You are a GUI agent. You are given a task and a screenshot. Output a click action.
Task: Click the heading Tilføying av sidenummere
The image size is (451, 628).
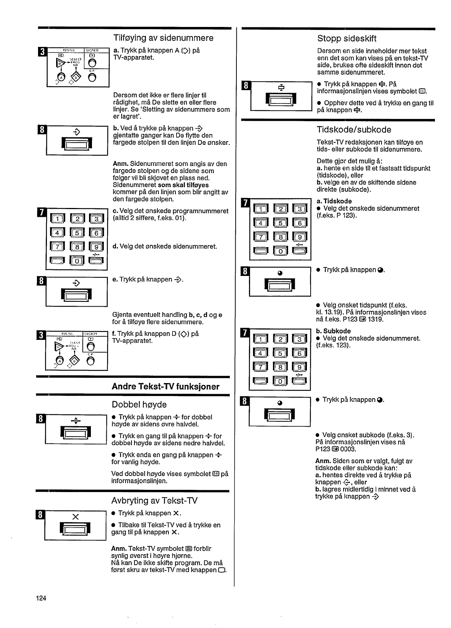[163, 38]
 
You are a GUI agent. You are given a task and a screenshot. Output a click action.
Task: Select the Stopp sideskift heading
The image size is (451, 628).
[347, 38]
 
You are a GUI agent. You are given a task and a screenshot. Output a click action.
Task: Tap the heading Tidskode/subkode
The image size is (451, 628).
[354, 130]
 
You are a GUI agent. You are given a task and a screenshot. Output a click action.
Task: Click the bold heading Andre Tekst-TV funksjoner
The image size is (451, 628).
[165, 387]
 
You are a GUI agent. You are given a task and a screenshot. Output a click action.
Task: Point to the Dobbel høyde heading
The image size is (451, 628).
[139, 405]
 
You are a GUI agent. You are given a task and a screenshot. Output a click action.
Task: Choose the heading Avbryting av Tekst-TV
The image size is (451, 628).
[154, 501]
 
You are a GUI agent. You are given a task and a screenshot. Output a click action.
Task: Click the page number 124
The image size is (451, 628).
[41, 598]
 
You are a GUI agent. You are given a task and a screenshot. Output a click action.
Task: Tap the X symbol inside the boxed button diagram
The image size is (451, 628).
[75, 517]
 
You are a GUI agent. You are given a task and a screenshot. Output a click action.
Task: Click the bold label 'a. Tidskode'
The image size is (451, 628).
[334, 201]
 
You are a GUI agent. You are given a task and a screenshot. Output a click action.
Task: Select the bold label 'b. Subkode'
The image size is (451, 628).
[333, 331]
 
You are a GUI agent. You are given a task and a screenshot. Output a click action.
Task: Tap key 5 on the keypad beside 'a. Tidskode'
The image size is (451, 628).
[280, 223]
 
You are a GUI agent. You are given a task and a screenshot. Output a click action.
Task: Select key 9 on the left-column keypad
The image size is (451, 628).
[96, 248]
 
